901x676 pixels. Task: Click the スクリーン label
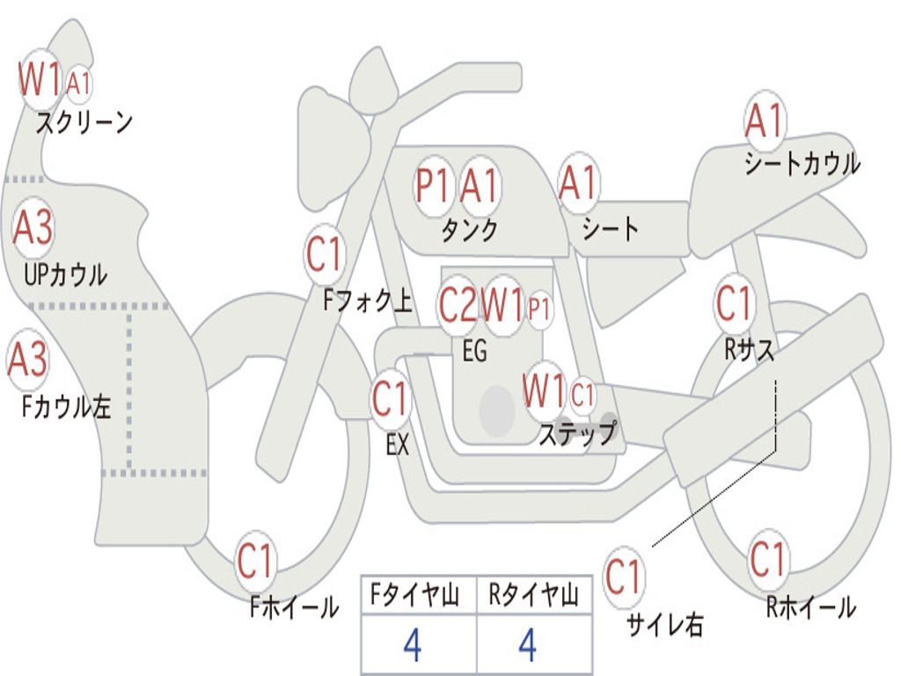coord(84,122)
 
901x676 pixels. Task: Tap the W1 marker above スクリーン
coord(40,80)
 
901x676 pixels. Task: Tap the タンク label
coord(469,230)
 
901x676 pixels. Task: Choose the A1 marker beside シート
coord(578,184)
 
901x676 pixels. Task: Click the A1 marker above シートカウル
coord(764,121)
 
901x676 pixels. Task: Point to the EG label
coord(474,351)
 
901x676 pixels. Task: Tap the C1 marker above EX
coord(390,400)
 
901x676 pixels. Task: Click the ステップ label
coord(576,435)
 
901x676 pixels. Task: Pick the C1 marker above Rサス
coord(734,304)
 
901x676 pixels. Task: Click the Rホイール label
coord(810,606)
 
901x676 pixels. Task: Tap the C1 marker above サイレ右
coord(624,577)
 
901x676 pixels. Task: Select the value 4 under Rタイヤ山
coord(527,645)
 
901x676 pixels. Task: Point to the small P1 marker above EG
coord(540,309)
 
